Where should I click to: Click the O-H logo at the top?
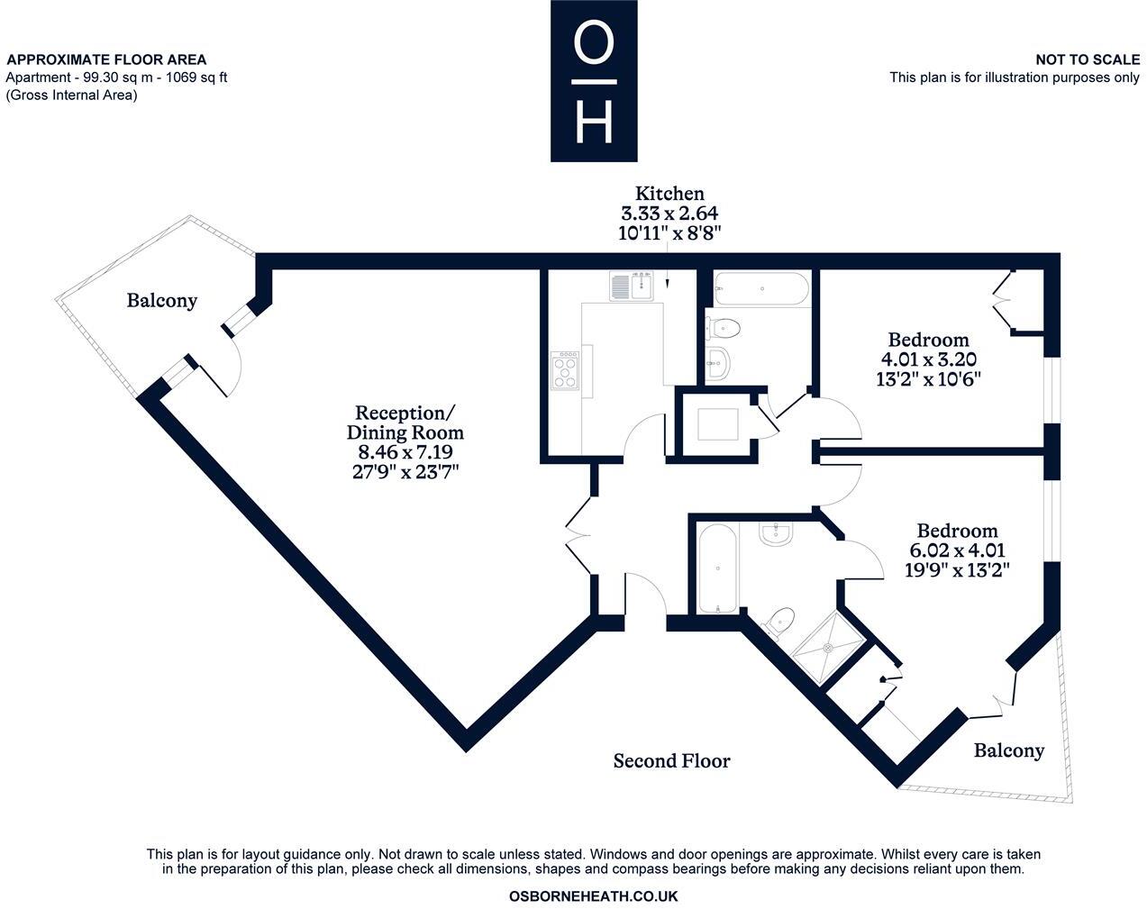tap(594, 80)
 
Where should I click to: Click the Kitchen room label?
tap(669, 193)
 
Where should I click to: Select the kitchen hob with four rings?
tap(566, 370)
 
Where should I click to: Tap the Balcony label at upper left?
tap(161, 300)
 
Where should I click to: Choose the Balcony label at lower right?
tap(1009, 750)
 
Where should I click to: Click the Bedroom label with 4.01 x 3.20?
tap(928, 340)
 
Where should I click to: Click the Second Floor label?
tap(671, 761)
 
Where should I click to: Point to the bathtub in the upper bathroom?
tap(761, 289)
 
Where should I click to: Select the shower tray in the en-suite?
tap(824, 650)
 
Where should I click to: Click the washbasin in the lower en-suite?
tap(775, 536)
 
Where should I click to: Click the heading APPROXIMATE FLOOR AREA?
tap(106, 59)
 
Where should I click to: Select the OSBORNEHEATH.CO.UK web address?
tap(593, 896)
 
